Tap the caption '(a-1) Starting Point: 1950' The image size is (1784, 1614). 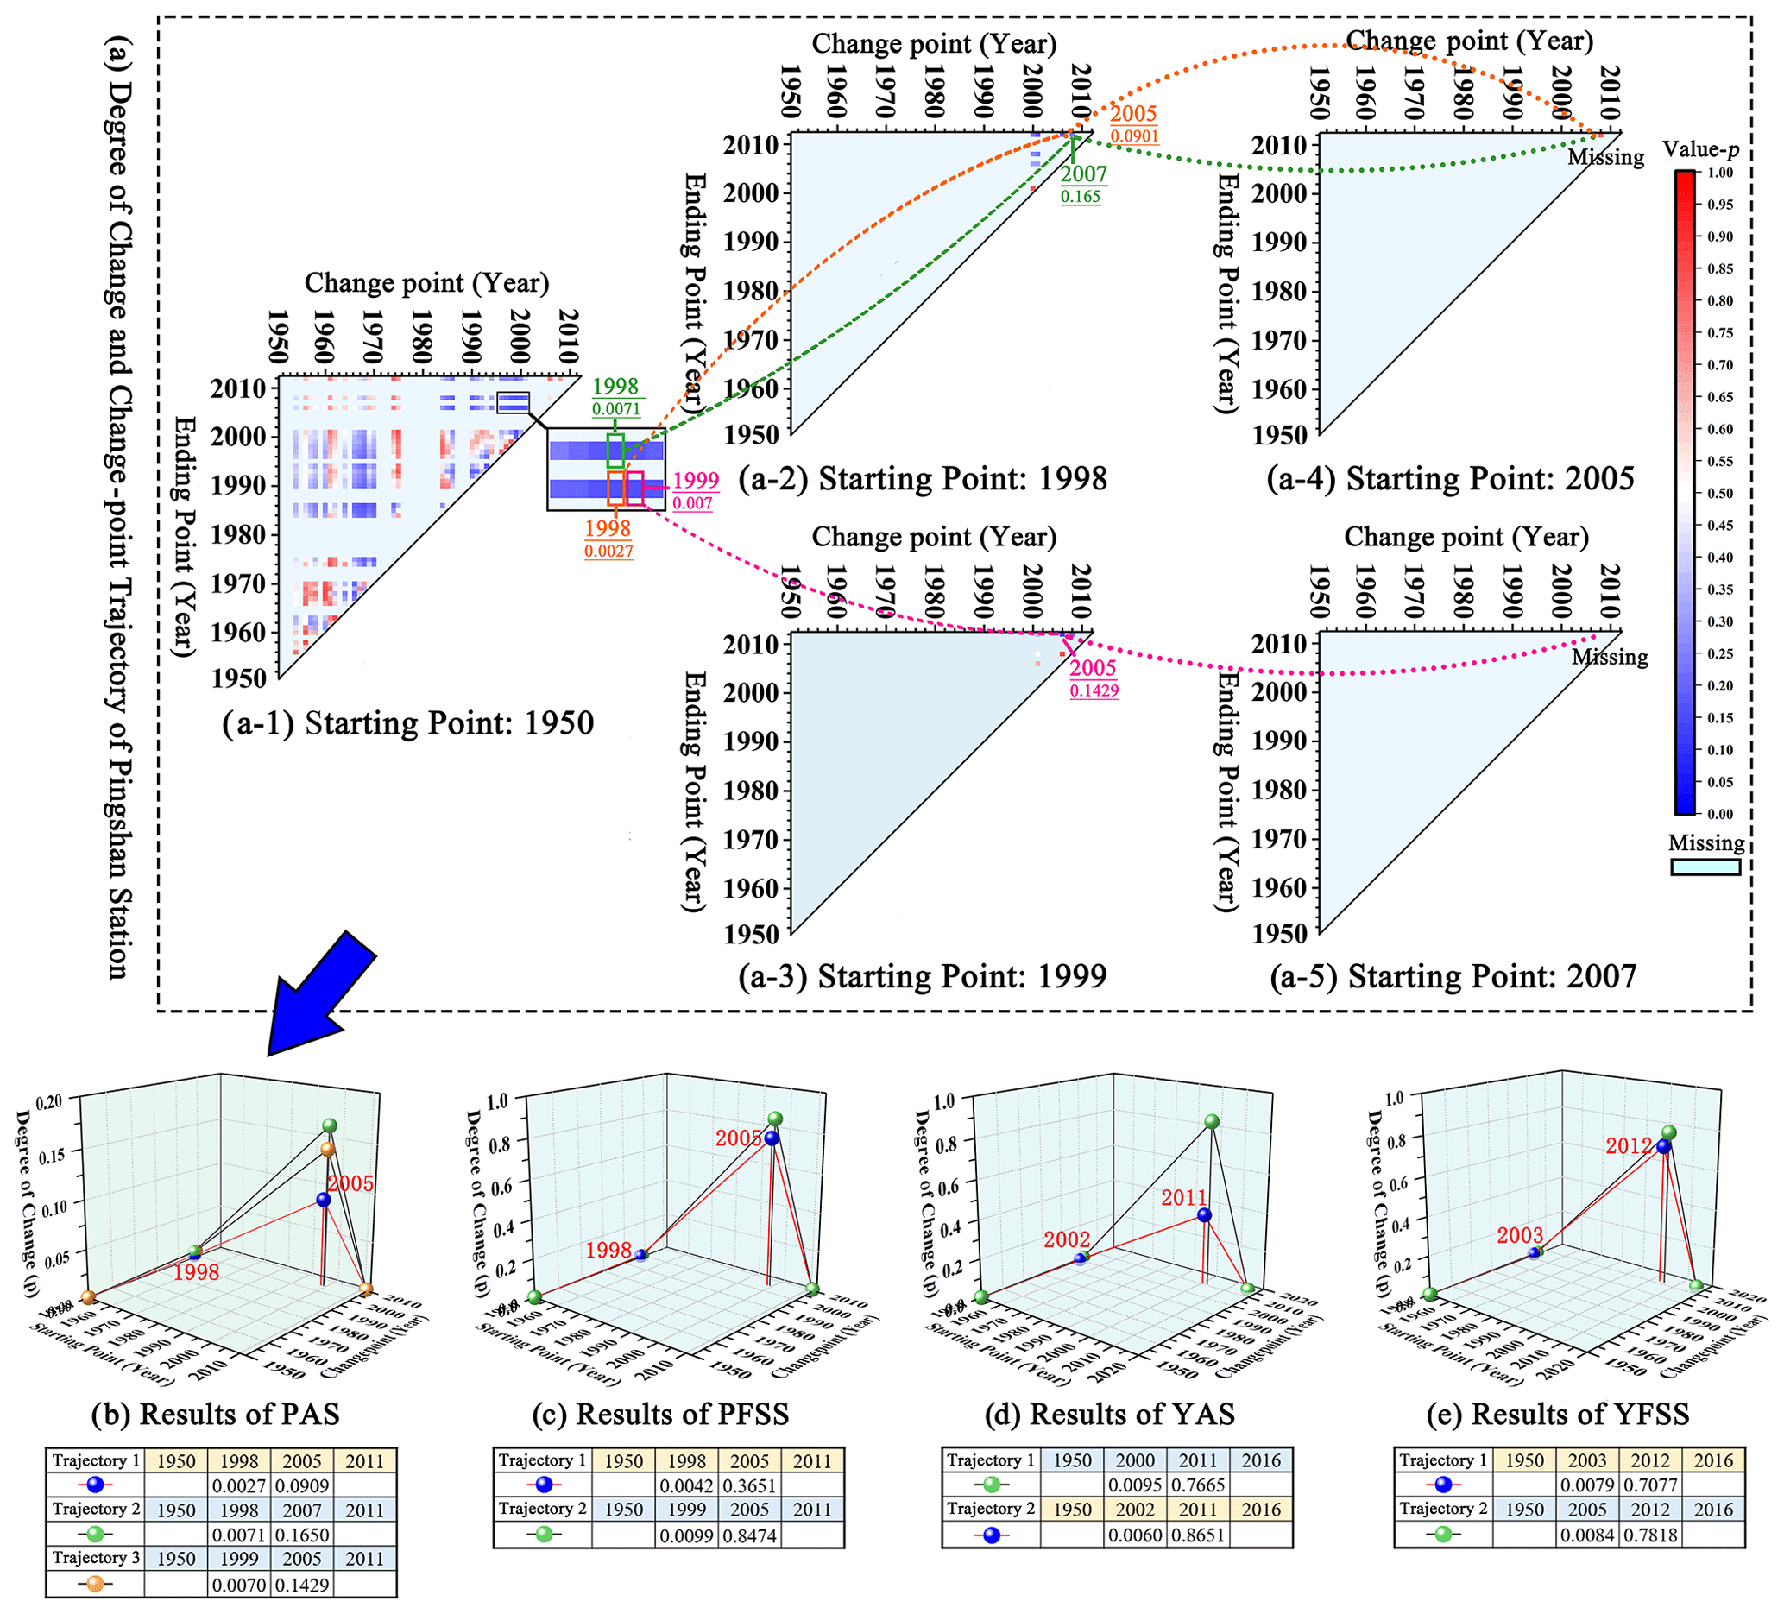407,724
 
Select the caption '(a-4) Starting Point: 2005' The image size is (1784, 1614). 1450,479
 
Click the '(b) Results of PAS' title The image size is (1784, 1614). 216,1414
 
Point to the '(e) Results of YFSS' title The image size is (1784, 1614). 1558,1414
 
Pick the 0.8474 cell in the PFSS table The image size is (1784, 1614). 749,1536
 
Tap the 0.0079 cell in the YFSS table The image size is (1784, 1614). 1587,1486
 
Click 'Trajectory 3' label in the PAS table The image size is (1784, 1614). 96,1558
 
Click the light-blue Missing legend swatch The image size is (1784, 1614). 1705,867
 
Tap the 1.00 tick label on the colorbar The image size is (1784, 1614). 1720,173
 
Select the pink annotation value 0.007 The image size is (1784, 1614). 692,503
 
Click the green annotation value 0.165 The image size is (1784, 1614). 1081,197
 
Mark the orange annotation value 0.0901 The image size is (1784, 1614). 1133,136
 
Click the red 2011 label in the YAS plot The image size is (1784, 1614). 1184,1198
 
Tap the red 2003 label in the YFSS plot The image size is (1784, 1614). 1520,1235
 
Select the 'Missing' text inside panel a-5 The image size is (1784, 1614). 1610,658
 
